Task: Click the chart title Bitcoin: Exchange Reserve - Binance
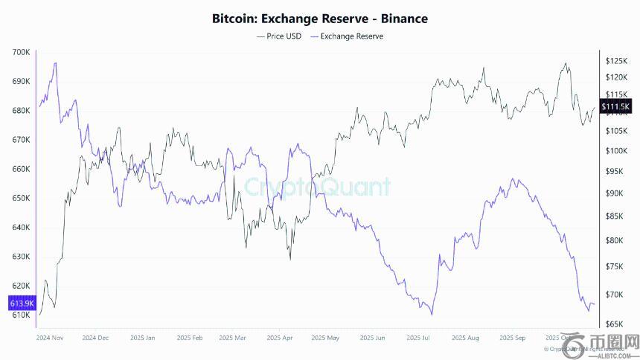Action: [x=320, y=18]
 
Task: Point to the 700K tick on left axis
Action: [x=21, y=52]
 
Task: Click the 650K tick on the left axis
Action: [x=21, y=198]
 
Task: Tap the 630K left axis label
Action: [x=21, y=257]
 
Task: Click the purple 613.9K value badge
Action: [x=20, y=303]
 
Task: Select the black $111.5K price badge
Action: [x=615, y=107]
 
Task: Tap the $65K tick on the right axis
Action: [x=614, y=324]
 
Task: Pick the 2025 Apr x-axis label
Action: [x=278, y=337]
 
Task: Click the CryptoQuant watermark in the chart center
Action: [x=318, y=187]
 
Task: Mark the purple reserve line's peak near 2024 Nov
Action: [x=55, y=63]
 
